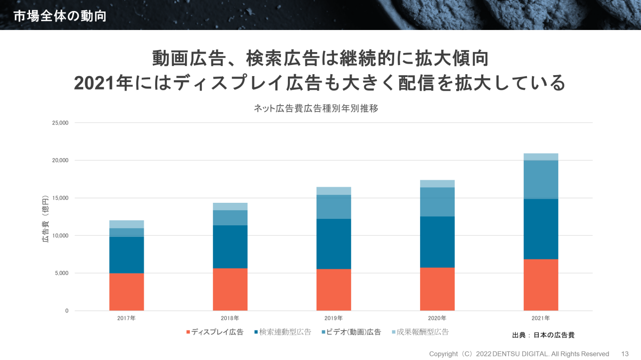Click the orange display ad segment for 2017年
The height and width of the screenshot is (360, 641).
click(x=126, y=291)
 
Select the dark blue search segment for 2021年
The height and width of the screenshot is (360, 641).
click(x=541, y=229)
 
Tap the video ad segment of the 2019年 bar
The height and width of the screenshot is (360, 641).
click(x=334, y=207)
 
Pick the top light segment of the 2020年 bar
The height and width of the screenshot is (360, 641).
click(x=437, y=184)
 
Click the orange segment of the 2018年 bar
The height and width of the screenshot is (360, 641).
click(x=230, y=289)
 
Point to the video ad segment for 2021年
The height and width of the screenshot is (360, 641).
click(x=541, y=179)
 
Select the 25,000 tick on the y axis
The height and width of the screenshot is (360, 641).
click(x=60, y=123)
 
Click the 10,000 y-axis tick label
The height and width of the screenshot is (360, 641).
click(x=60, y=236)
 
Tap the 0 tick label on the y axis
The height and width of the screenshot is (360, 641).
click(x=66, y=311)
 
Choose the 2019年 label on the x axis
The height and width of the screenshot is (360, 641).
click(x=334, y=318)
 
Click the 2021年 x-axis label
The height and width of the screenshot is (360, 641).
click(x=541, y=318)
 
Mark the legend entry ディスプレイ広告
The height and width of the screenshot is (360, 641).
click(x=215, y=332)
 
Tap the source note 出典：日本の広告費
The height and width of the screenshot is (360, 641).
click(x=543, y=335)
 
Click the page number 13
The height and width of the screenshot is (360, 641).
click(x=624, y=354)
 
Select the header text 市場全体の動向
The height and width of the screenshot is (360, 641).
click(x=60, y=16)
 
